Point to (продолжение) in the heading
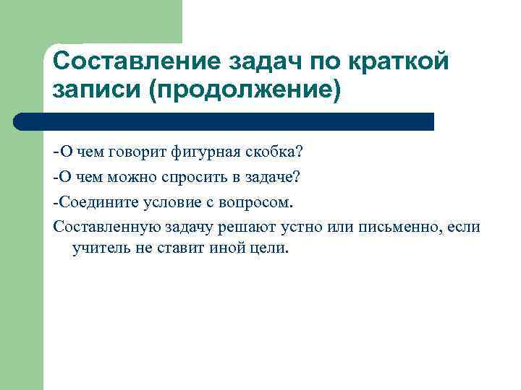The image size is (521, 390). tap(244, 92)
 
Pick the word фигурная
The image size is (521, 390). tap(206, 152)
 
